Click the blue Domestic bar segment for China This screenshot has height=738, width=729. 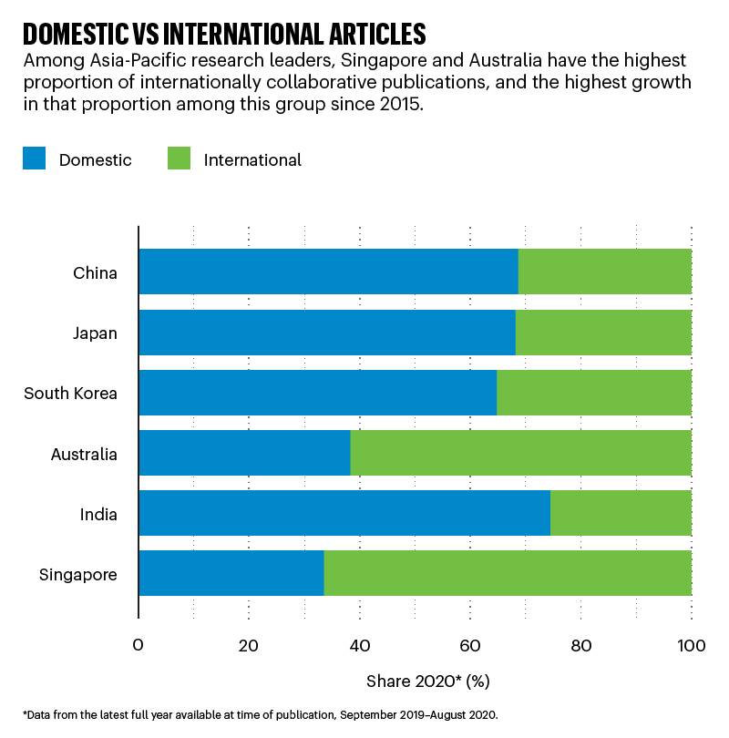(328, 272)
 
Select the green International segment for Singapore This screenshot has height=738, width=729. (508, 573)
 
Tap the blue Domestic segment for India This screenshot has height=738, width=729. (344, 513)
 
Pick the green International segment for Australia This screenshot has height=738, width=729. (520, 453)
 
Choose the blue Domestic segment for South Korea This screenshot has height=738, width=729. (317, 393)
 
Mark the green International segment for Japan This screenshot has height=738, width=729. (603, 333)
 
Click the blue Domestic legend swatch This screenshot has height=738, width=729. (34, 159)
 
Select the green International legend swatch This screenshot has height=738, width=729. (179, 159)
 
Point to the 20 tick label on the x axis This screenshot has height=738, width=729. (249, 646)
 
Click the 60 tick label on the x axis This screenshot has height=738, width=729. (470, 646)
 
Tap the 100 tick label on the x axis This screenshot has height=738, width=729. (692, 646)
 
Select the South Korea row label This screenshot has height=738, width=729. (70, 393)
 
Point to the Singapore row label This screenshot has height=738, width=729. (77, 574)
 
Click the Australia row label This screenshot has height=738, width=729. (84, 453)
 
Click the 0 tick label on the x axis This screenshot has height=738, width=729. (139, 646)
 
